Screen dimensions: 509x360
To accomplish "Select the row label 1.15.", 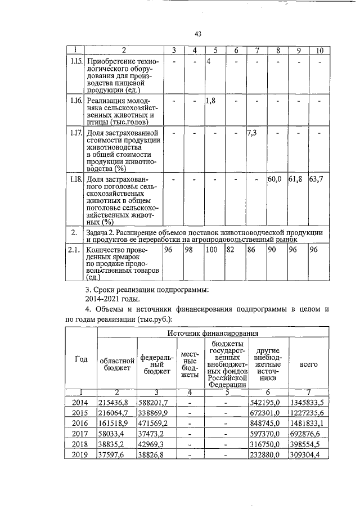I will tap(75, 61).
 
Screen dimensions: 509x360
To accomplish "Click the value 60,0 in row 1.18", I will tap(274, 179).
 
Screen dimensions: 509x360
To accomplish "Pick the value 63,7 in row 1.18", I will tap(317, 179).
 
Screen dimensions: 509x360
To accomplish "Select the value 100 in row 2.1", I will tap(212, 249).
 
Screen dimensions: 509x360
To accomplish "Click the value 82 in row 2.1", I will tap(230, 249).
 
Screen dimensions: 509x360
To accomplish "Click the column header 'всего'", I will tap(309, 364).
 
